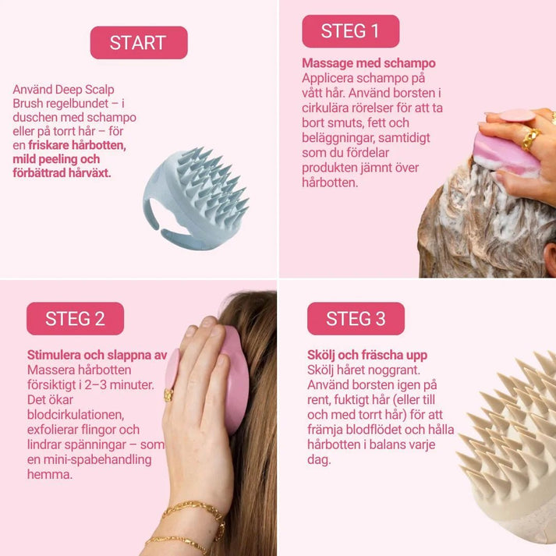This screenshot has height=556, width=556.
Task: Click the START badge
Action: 138,43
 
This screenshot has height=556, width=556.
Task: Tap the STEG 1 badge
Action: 350,31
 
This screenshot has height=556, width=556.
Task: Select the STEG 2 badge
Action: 75,318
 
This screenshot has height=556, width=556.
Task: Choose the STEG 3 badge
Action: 355,318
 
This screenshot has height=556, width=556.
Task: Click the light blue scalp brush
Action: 194,198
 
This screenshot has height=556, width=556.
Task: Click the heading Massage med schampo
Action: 368,63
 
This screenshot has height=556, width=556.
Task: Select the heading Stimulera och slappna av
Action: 97,356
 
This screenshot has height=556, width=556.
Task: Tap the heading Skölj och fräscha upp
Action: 367,356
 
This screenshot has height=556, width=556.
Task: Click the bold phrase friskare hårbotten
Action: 77,145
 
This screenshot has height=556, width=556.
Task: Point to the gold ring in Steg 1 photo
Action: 529,139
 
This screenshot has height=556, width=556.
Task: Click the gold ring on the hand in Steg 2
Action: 168,395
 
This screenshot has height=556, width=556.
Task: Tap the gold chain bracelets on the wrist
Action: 187,522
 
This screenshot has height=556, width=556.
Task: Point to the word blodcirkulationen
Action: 74,415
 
